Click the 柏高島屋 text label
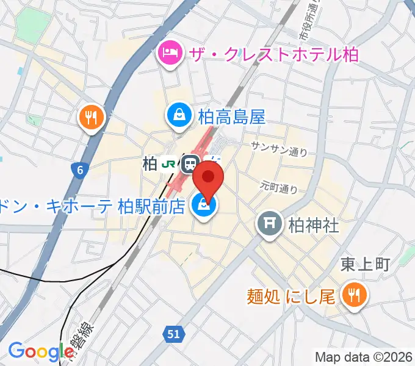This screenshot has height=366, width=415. pos(231,116)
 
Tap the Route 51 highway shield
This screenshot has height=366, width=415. pos(173,334)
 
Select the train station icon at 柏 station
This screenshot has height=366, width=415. pos(190,163)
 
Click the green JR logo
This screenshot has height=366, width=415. pos(168,163)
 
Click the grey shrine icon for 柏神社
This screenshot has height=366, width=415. pos(269,225)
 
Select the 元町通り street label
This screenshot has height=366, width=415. pos(278,185)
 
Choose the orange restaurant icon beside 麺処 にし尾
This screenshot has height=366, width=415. pos(352,296)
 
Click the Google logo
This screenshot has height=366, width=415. pos(41,351)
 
